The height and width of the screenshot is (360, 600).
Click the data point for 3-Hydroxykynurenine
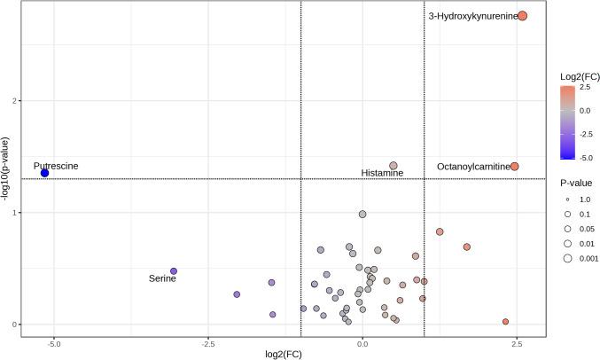[523, 16]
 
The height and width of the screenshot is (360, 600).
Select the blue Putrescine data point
[44, 173]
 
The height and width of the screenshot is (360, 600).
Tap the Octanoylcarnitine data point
[515, 167]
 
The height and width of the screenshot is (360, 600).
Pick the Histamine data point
[394, 165]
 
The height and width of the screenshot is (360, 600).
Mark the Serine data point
[174, 271]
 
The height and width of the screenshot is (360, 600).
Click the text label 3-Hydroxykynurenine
[472, 16]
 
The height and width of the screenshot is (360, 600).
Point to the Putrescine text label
[56, 166]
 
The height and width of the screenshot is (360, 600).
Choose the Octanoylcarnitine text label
[473, 167]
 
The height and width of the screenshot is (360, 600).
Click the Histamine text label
[382, 173]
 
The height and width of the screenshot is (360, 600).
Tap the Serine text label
[162, 279]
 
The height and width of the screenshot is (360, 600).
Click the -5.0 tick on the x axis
[54, 342]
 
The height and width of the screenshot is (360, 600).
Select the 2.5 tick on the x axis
[517, 342]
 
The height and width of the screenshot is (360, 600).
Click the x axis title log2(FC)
[293, 354]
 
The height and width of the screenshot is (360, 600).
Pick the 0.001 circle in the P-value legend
[566, 258]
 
